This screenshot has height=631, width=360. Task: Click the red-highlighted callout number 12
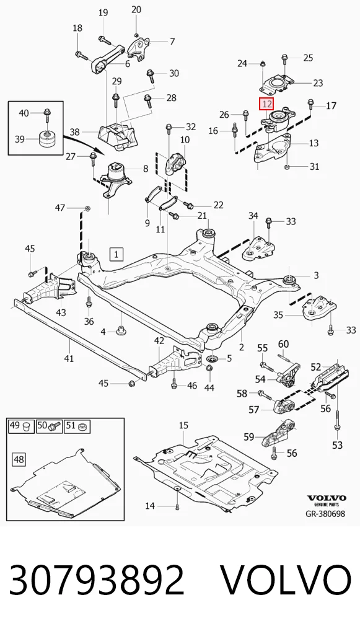(x=266, y=104)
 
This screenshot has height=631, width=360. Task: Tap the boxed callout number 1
(x=116, y=254)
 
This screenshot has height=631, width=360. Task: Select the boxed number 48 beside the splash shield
(x=19, y=459)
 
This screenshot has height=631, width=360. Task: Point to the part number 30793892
(x=97, y=580)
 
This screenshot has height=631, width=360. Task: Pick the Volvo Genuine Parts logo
(x=327, y=500)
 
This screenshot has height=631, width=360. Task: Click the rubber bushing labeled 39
(x=48, y=138)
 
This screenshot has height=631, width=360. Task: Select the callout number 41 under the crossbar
(x=69, y=357)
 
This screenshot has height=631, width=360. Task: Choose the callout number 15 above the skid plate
(x=183, y=425)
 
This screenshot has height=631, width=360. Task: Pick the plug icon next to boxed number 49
(x=27, y=426)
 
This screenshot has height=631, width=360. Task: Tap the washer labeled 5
(x=211, y=358)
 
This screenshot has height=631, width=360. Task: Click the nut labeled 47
(x=88, y=208)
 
